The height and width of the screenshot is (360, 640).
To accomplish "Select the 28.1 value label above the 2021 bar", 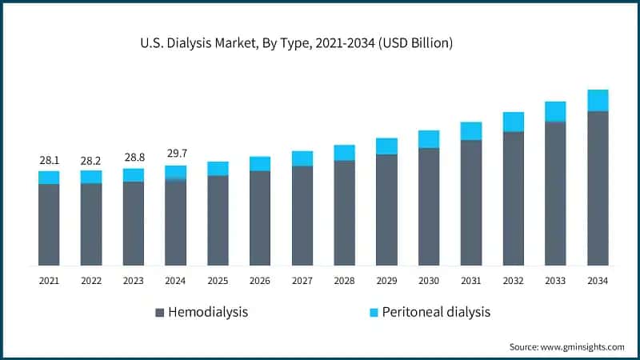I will [49, 161].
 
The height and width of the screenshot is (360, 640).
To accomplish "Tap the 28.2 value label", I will [91, 161].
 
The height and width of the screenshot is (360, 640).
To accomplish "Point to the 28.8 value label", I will [134, 158].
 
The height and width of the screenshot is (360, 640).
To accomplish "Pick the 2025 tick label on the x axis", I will [218, 281].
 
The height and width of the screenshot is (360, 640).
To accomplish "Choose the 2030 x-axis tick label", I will [429, 281].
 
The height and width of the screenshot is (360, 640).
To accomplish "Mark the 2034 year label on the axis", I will [598, 281].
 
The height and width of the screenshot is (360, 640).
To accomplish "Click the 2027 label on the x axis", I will [302, 281].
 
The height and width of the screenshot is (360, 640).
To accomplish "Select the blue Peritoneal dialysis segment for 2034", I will [598, 100].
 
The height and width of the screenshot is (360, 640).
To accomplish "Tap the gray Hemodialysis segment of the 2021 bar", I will [49, 225].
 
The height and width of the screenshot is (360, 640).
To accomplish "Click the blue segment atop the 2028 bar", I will [345, 153].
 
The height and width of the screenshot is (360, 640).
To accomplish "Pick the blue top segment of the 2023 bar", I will [134, 174].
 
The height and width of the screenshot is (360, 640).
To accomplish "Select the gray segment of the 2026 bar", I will [260, 218].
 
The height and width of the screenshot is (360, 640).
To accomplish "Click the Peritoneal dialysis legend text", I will [436, 312].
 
